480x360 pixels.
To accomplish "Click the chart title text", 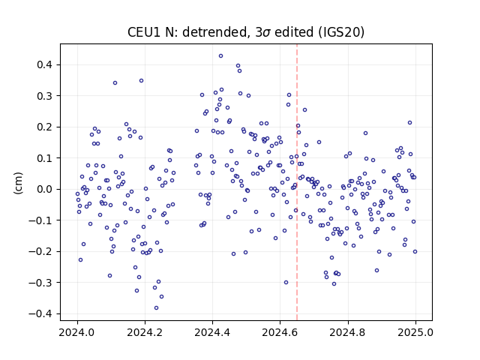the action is tap(246, 32).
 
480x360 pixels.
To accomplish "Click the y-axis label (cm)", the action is tap(18, 183).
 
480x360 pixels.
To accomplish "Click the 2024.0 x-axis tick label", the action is tap(77, 332).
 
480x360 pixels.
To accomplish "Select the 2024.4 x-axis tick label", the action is tap(212, 332).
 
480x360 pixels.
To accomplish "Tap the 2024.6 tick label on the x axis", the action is tap(280, 332).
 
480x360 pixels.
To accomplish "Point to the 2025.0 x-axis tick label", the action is tap(415, 332).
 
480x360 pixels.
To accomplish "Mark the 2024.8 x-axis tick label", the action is tap(348, 332).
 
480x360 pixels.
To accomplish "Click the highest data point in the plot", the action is tap(220, 56).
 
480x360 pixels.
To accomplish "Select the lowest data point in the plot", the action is tap(157, 308).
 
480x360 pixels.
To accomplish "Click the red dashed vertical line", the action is tap(297, 182).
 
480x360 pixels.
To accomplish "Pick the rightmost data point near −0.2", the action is tap(415, 252).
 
